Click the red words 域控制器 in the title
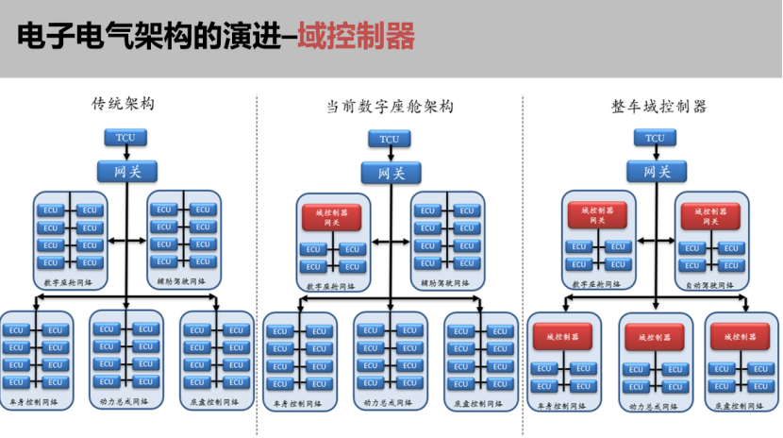click(356, 38)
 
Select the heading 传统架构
click(123, 103)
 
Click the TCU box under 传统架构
click(125, 139)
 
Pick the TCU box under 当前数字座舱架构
click(389, 140)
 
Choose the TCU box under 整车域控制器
click(655, 139)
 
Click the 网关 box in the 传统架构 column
click(126, 171)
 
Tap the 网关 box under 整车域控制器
click(656, 171)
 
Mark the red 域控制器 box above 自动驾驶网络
click(711, 216)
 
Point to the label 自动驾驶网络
click(711, 284)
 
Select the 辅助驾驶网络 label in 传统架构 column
click(183, 281)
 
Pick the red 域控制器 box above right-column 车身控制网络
click(563, 335)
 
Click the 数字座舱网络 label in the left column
click(69, 281)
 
